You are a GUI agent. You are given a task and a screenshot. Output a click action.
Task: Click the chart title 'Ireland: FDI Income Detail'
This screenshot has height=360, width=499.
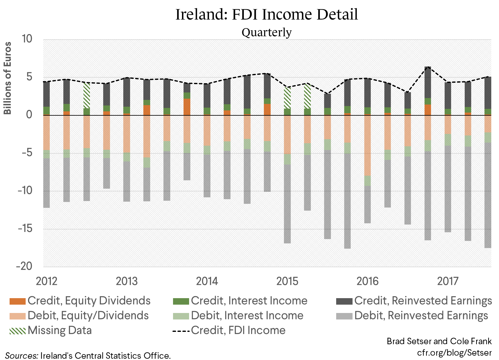click(267, 14)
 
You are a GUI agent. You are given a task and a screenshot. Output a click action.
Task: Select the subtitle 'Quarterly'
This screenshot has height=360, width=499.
click(266, 32)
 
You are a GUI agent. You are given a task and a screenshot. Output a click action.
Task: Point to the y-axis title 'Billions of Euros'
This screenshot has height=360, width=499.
click(7, 78)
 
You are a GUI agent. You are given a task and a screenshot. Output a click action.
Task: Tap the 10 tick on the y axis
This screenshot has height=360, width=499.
click(27, 39)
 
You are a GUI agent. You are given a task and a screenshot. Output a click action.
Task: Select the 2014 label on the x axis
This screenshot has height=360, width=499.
click(207, 281)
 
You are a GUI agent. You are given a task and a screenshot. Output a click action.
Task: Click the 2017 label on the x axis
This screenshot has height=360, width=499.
click(448, 281)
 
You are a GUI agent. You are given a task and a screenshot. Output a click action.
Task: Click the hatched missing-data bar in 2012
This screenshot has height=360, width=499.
click(87, 95)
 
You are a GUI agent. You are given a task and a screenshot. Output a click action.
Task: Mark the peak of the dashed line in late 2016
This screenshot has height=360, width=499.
click(428, 67)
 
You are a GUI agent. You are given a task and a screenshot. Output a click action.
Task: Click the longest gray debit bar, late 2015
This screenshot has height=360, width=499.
click(347, 201)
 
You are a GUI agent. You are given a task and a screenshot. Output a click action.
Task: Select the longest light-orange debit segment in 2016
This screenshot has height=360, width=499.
click(367, 145)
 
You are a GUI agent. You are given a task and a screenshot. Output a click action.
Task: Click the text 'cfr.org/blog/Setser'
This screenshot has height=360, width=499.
click(454, 353)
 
